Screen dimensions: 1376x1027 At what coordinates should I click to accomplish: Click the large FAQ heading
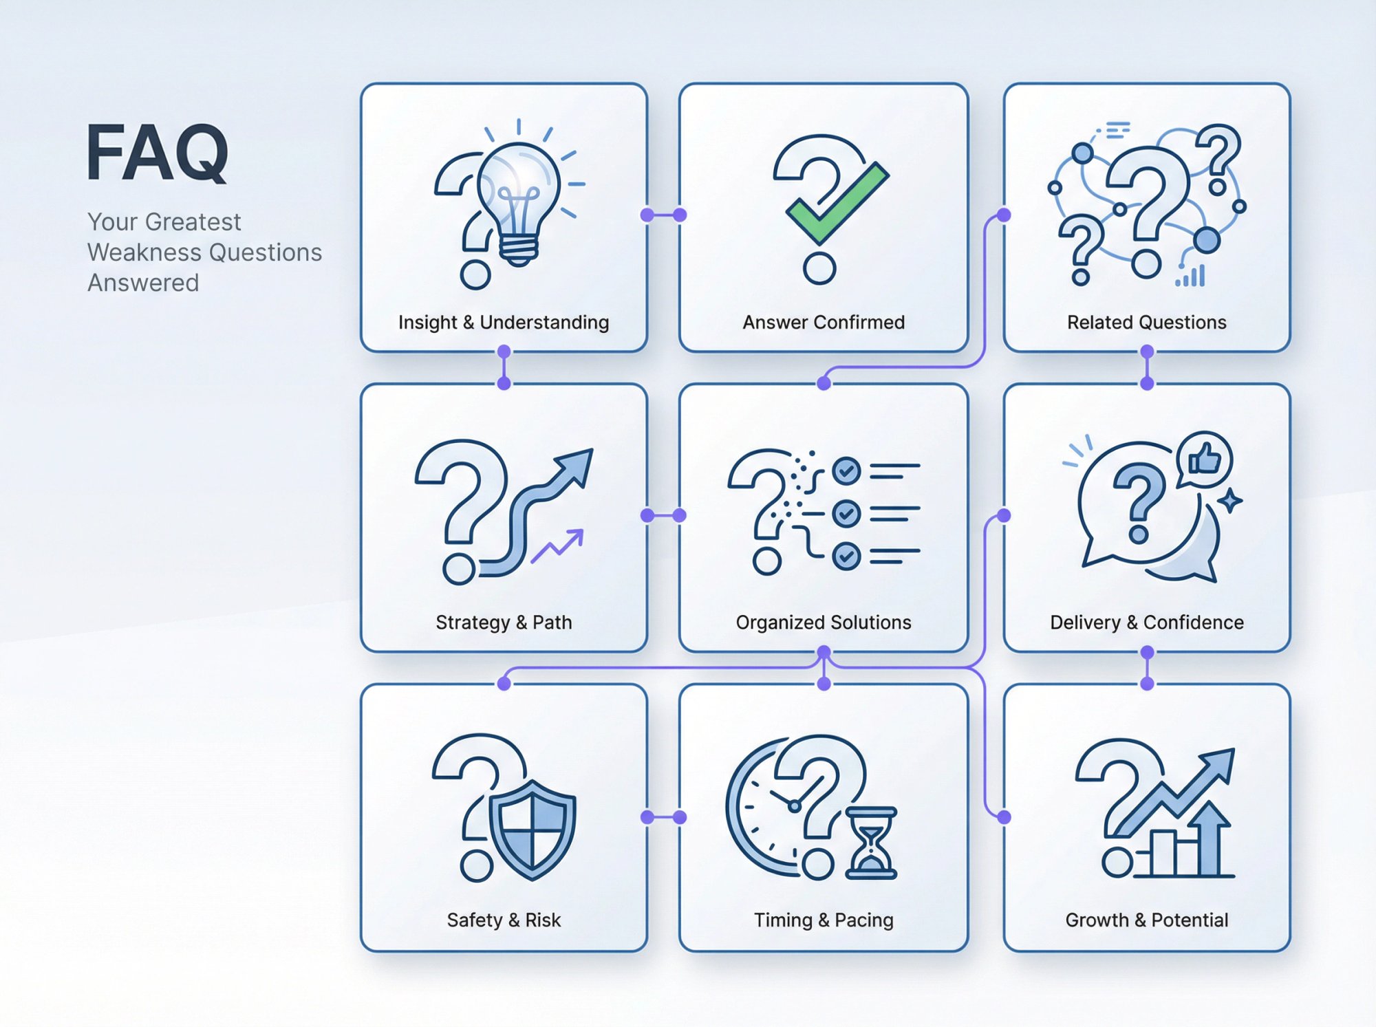coord(157,153)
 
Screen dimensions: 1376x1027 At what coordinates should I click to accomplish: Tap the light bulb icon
coord(518,199)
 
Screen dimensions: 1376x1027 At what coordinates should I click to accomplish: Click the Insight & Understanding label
coord(504,322)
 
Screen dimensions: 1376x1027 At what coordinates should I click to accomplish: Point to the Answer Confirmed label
coord(824,322)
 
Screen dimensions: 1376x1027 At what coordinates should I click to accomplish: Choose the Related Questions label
coord(1146,322)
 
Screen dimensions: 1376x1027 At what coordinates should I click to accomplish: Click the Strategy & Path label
coord(504,622)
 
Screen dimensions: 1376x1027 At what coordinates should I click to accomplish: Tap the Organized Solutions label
coord(824,622)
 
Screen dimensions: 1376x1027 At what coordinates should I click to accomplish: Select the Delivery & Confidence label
coord(1146,622)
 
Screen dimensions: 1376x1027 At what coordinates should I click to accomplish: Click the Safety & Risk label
coord(504,920)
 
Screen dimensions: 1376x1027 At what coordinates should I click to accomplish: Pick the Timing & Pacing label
coord(824,920)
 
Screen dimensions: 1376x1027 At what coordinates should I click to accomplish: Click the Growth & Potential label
coord(1146,920)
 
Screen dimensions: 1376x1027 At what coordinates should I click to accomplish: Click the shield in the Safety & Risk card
coord(532,829)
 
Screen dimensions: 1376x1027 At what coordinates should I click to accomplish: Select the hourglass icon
coord(871,843)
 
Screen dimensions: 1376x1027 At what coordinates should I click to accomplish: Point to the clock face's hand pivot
coord(795,806)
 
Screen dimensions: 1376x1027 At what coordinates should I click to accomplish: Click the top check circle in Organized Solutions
coord(846,471)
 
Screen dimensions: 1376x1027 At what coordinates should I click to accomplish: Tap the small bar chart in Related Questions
coord(1191,277)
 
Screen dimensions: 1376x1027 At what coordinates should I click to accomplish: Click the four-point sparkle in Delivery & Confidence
coord(1229,500)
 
